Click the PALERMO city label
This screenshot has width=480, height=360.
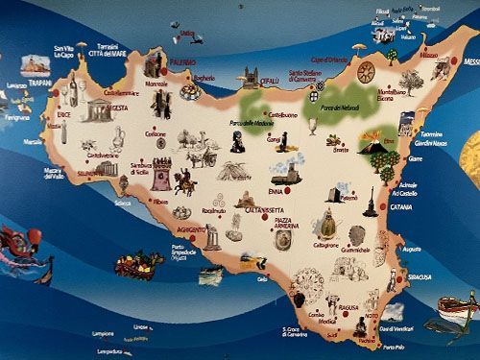tap(182, 63)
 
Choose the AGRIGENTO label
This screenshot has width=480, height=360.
tap(189, 230)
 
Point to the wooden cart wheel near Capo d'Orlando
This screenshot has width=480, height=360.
tap(365, 71)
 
